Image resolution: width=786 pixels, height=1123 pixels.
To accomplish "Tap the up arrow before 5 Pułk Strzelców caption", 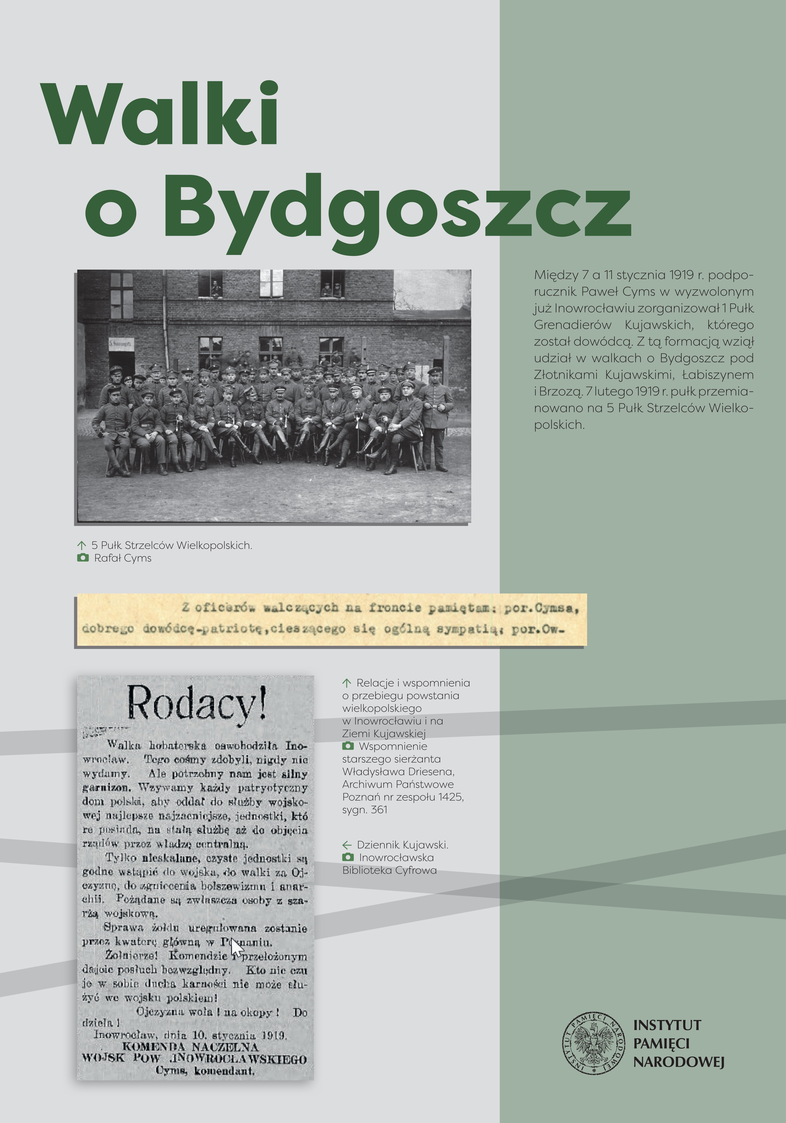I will coord(82,545).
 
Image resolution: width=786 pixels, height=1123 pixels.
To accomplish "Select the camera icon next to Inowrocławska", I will coord(348,857).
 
